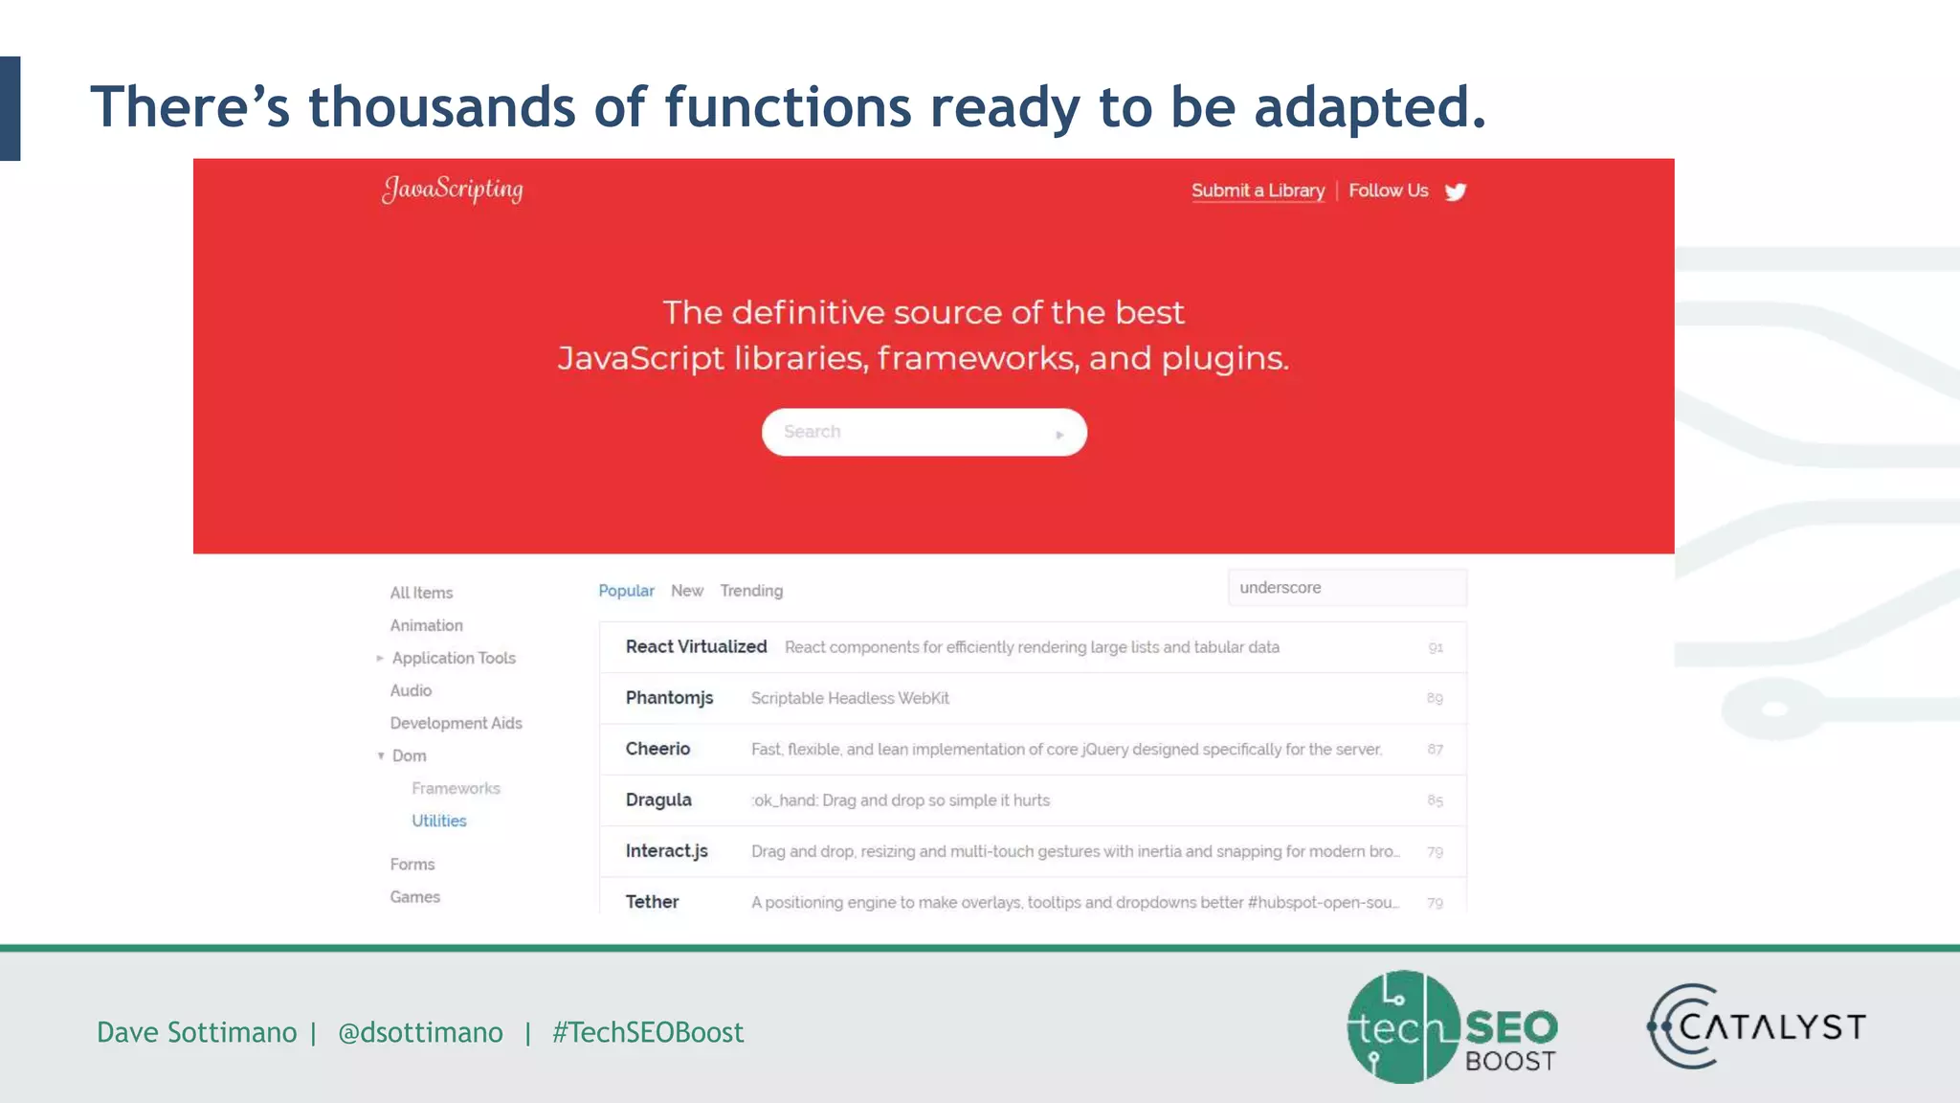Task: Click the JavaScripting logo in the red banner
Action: coord(453,189)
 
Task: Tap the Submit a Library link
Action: coord(1258,191)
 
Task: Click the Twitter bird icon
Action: coord(1456,191)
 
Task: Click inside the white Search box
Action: coord(909,432)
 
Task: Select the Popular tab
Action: coord(626,591)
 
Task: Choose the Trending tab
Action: coord(751,591)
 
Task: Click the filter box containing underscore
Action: coord(1347,588)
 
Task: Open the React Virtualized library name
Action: coord(696,646)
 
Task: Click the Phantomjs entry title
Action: coord(669,697)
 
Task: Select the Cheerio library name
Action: coord(657,749)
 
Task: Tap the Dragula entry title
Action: coord(658,799)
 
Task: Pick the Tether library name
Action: coord(652,901)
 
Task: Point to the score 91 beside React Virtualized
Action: coord(1436,648)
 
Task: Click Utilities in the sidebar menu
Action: coord(439,821)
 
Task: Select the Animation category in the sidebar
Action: coord(426,625)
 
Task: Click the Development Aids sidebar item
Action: coord(456,723)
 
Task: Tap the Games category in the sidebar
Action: coord(414,897)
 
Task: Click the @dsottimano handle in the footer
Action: coord(420,1032)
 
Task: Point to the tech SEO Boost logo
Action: coord(1451,1026)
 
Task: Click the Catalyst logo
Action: coord(1756,1026)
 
